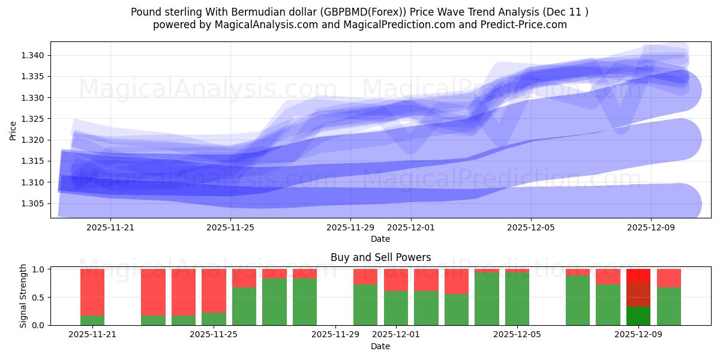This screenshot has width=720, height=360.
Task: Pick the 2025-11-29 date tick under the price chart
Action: tap(351, 228)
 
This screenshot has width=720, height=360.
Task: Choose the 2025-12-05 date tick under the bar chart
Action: tap(517, 335)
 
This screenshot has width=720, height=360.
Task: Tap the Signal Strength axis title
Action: tap(23, 296)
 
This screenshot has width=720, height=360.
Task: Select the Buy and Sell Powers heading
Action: tap(380, 257)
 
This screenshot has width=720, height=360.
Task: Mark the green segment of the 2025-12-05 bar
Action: tap(517, 299)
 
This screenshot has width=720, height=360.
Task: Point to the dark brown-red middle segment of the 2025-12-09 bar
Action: tap(638, 294)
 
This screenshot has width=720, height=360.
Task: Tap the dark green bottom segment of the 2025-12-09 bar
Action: tap(638, 316)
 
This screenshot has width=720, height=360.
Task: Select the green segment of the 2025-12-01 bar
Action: tap(396, 308)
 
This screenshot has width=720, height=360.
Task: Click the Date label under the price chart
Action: tap(380, 239)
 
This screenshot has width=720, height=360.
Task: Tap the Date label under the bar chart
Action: tap(380, 346)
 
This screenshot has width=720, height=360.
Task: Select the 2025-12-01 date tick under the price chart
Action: tap(411, 228)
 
